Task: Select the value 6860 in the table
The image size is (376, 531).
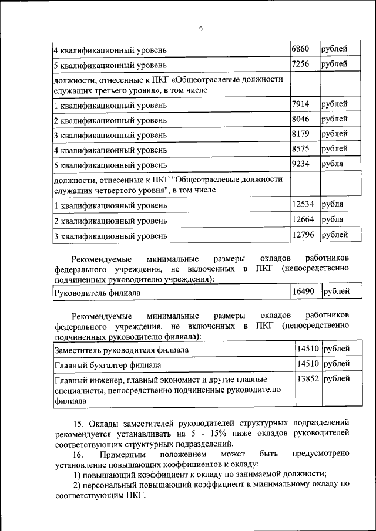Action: tap(301, 48)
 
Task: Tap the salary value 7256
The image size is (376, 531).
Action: tap(301, 63)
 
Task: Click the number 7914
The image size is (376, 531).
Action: tap(301, 104)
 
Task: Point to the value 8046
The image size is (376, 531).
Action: tap(301, 119)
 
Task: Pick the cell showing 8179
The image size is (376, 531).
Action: tap(301, 134)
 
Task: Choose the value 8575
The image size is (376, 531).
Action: tap(301, 148)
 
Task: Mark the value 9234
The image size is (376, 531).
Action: tap(301, 163)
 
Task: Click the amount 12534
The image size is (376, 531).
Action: tap(303, 205)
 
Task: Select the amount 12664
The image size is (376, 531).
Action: tap(303, 219)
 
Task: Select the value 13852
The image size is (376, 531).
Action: tap(308, 379)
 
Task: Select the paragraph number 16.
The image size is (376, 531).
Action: tap(79, 454)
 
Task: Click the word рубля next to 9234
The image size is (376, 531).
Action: tap(333, 163)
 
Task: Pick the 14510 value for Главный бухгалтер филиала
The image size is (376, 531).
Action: tap(308, 364)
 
